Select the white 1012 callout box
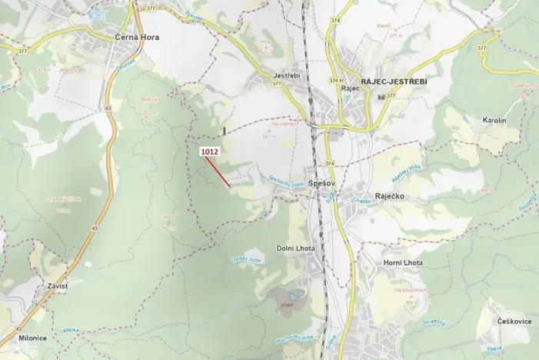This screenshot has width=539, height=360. pyautogui.click(x=210, y=152)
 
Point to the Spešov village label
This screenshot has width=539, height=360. pyautogui.click(x=318, y=185)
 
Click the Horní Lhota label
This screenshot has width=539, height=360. pyautogui.click(x=403, y=263)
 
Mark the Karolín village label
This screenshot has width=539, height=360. pyautogui.click(x=494, y=121)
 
